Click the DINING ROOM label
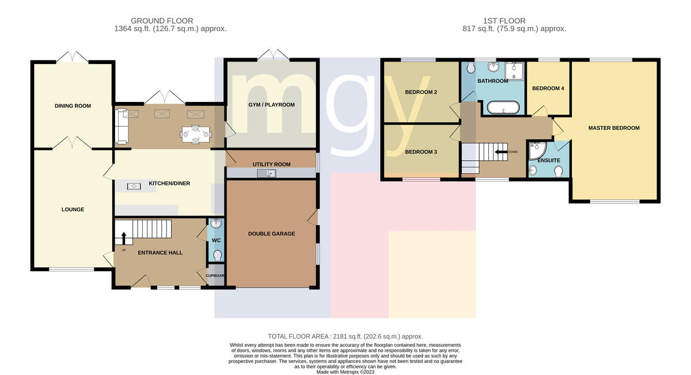coord(73,106)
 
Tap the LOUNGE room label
coord(73,210)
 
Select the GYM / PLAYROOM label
coord(271,105)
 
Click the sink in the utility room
coord(267,173)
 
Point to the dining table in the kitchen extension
coord(196,134)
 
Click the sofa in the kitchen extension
coord(122,126)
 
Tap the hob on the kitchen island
coord(134,187)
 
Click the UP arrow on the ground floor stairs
coord(124,238)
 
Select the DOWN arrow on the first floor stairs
coord(502,152)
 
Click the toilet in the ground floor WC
coord(218,256)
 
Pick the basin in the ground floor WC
coord(217,223)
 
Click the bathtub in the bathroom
coord(503,107)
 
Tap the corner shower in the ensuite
coord(537,150)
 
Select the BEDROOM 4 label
coord(548,89)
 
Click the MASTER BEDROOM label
coord(614,128)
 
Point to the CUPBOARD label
coord(215,275)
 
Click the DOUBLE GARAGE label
coord(271,234)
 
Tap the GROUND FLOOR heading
coord(162,21)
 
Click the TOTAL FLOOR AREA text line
coord(345,336)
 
